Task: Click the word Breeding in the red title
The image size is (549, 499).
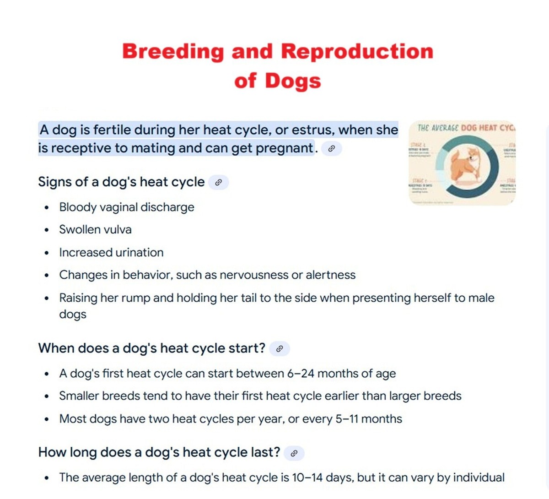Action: (173, 52)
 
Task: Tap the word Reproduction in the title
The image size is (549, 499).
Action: (357, 51)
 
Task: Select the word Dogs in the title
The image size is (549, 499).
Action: (293, 81)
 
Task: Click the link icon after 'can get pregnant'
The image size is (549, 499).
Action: (332, 148)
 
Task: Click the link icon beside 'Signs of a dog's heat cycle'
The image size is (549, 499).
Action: (218, 182)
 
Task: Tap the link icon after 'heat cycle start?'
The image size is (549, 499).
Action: (280, 348)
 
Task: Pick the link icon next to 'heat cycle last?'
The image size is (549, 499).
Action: (294, 453)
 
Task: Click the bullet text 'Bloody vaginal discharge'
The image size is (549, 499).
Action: (127, 207)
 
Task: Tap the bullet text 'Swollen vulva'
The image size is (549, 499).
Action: (95, 230)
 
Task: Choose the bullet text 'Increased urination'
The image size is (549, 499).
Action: (111, 253)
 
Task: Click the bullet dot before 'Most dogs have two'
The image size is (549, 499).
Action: (47, 419)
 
